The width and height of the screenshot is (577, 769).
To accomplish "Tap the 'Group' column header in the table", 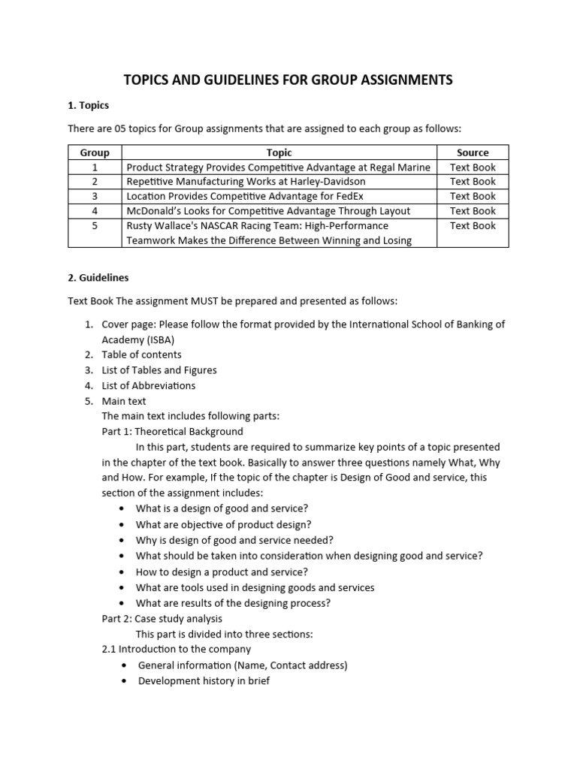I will point(95,152).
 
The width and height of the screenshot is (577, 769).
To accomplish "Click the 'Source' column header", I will point(473,152).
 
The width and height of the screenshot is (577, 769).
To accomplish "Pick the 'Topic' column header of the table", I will point(279,152).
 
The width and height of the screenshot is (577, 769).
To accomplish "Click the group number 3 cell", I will point(95,196).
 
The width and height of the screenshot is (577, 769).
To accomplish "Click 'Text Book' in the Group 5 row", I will point(473,225).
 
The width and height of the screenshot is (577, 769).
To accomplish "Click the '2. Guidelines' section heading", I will point(98,277).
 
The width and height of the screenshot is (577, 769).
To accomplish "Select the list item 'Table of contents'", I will point(142,354).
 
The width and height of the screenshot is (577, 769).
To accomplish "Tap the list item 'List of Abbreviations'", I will point(149,385).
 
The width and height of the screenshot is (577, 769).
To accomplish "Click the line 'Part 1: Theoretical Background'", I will point(172,432).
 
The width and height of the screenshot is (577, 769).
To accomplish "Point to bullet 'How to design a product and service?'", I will point(211,571).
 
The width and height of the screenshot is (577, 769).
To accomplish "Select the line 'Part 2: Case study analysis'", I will point(162,619).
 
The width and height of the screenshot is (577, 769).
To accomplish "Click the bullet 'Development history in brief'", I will point(204,681).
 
